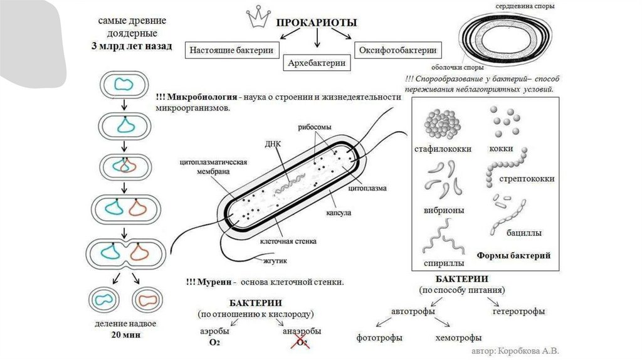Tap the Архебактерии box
coord(317,63)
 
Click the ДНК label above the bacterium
coord(273,143)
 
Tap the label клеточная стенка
coord(288,240)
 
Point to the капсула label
coord(338,213)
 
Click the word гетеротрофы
coord(518,311)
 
